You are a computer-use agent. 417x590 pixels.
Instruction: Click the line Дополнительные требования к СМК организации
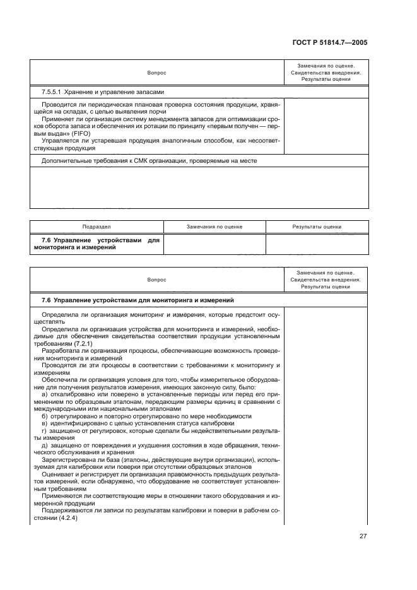[x=149, y=161]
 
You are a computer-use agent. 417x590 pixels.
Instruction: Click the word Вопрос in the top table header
[x=157, y=73]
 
